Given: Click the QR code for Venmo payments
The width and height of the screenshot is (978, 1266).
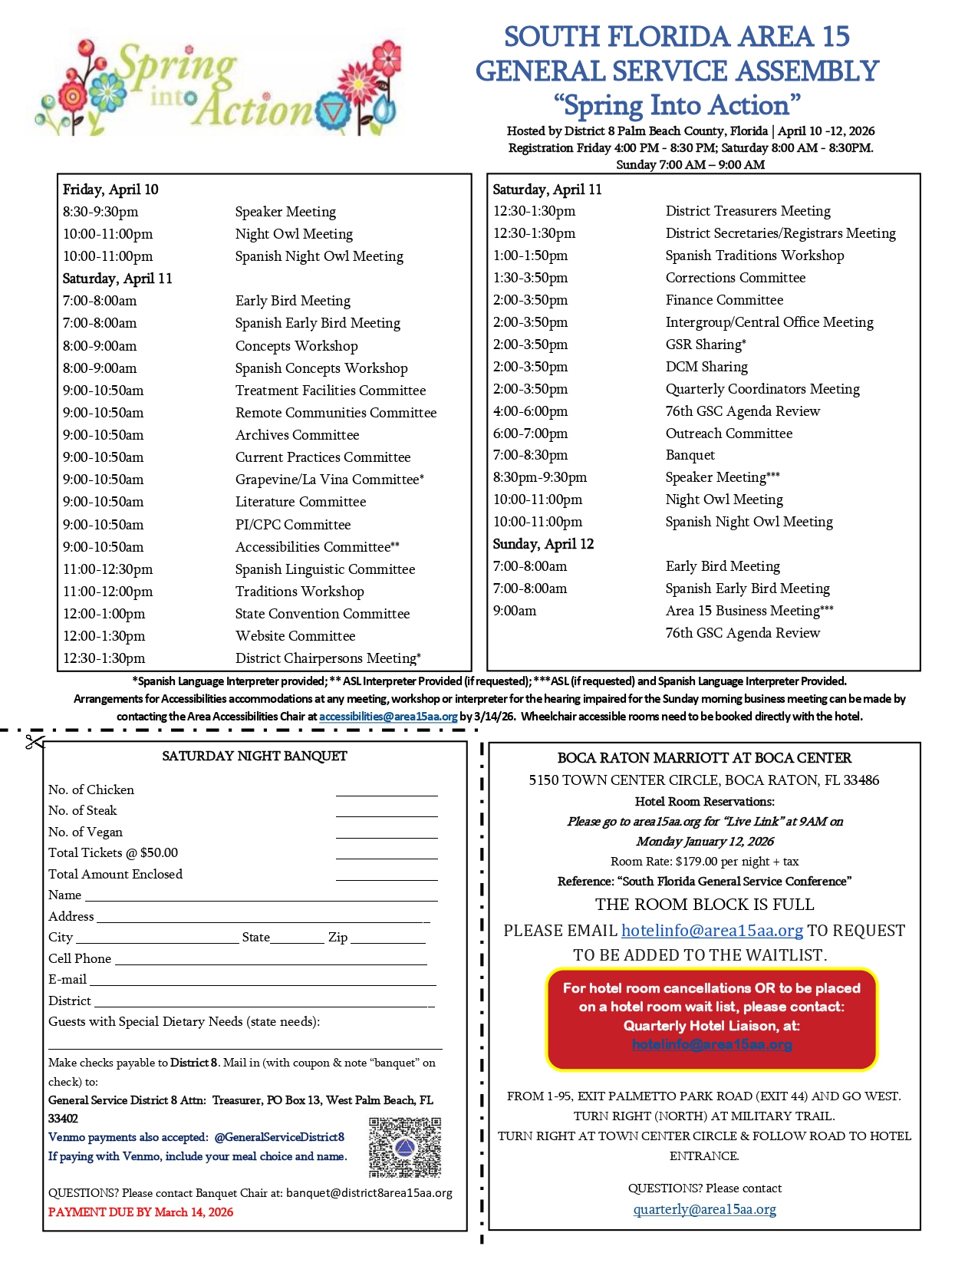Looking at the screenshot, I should click(405, 1147).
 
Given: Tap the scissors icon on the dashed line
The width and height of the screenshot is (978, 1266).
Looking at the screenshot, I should click(35, 742).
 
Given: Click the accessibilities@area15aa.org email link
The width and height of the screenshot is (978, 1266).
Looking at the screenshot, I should click(388, 717).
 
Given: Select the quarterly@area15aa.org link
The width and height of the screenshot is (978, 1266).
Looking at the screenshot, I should click(704, 1209).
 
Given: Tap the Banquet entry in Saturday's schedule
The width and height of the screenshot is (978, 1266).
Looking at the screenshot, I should click(690, 455).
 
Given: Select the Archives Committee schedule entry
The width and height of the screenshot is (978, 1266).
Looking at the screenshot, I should click(297, 435).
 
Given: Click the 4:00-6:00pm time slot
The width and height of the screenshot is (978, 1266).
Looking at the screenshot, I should click(531, 411).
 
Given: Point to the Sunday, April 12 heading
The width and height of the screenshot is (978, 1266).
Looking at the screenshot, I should click(543, 544).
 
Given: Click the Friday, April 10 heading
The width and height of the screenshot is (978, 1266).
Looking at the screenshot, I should click(110, 190).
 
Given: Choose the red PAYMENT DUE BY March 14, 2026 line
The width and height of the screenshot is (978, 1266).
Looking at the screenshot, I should click(140, 1212).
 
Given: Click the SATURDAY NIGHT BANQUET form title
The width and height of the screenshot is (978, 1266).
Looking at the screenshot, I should click(255, 757).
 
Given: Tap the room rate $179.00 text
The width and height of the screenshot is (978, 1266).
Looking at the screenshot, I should click(704, 862).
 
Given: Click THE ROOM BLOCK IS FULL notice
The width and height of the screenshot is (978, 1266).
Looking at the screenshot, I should click(704, 905).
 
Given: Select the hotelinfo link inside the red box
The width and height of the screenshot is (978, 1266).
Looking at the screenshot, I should click(712, 1044).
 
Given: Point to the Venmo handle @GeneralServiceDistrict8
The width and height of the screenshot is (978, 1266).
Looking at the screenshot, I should click(279, 1137).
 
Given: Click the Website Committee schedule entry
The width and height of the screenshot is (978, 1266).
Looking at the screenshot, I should click(295, 636).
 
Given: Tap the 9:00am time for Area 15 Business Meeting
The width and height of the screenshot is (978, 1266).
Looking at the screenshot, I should click(515, 611).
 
